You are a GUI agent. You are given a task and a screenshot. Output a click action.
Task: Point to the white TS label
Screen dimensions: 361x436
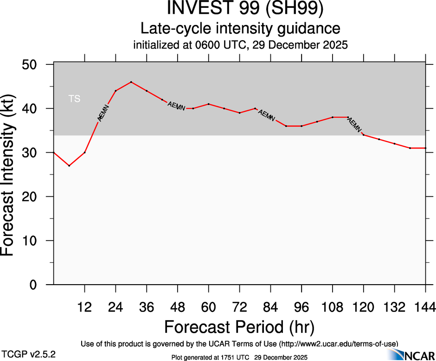pyautogui.click(x=74, y=99)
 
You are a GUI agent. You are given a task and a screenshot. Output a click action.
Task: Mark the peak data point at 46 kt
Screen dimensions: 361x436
pyautogui.click(x=131, y=82)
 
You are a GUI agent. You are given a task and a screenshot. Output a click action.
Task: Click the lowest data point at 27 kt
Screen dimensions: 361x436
pyautogui.click(x=69, y=166)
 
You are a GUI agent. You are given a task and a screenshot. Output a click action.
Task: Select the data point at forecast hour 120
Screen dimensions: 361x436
pyautogui.click(x=364, y=135)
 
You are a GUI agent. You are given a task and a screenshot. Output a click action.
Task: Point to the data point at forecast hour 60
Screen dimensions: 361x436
pyautogui.click(x=209, y=104)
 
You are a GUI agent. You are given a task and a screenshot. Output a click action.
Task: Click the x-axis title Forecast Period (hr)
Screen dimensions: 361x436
pyautogui.click(x=239, y=327)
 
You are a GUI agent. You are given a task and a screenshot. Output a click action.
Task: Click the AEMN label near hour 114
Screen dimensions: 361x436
pyautogui.click(x=355, y=124)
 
